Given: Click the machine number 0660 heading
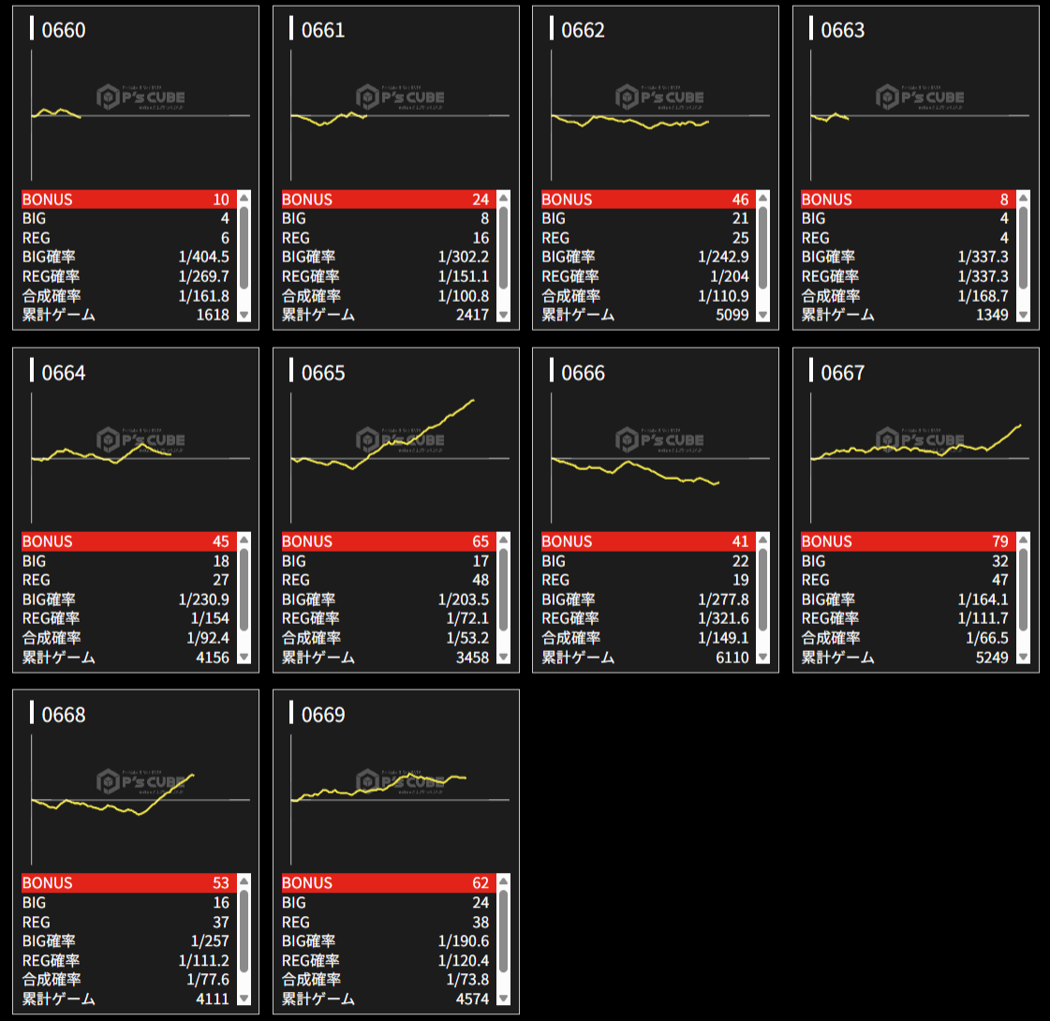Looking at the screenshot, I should pyautogui.click(x=64, y=30).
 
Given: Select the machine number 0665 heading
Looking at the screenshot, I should pyautogui.click(x=323, y=373).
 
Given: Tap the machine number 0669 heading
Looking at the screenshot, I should pyautogui.click(x=323, y=715).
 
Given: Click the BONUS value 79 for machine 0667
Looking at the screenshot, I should pyautogui.click(x=999, y=541).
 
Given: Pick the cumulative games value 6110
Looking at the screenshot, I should pyautogui.click(x=732, y=658).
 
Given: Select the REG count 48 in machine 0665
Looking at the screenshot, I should pyautogui.click(x=480, y=580).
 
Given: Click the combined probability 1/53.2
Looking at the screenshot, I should pyautogui.click(x=466, y=638).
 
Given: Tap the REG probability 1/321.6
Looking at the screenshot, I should pyautogui.click(x=723, y=618).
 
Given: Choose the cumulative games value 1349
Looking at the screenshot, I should pyautogui.click(x=991, y=315).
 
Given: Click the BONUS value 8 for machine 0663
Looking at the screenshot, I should pyautogui.click(x=1004, y=200).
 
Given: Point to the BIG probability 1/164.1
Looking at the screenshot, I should pyautogui.click(x=983, y=599).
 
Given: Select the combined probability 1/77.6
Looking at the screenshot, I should pyautogui.click(x=207, y=980).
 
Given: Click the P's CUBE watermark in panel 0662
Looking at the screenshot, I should pyautogui.click(x=660, y=96).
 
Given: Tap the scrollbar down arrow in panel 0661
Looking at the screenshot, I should pyautogui.click(x=504, y=316).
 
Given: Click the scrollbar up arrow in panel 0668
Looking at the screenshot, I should pyautogui.click(x=244, y=882).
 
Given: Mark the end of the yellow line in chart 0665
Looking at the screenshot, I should pyautogui.click(x=473, y=400).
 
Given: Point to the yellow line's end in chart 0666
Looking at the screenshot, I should pyautogui.click(x=717, y=482).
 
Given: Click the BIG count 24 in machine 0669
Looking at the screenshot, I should pyautogui.click(x=480, y=903).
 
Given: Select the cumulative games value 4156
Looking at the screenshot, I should pyautogui.click(x=212, y=658).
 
